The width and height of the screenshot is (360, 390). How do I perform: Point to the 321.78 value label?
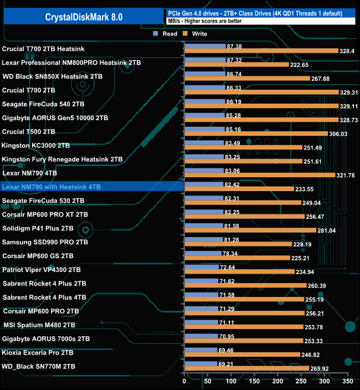[348, 175]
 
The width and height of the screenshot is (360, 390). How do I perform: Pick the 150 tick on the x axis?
[254, 381]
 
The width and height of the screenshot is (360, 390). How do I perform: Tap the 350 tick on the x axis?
[347, 381]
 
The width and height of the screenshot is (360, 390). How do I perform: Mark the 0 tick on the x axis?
[184, 381]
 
